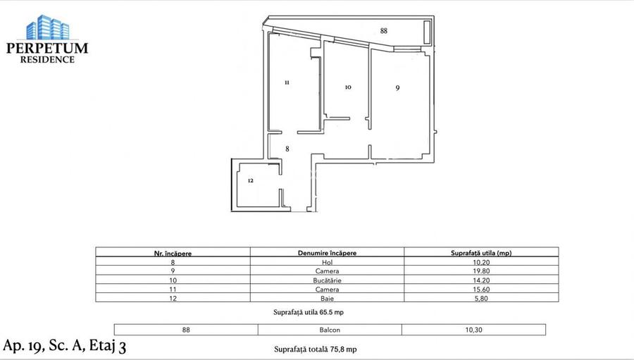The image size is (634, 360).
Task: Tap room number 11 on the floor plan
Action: pos(287,82)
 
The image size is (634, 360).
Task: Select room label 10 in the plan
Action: pos(348,87)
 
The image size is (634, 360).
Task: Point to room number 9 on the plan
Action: pos(397,88)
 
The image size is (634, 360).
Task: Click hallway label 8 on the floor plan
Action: pos(287,149)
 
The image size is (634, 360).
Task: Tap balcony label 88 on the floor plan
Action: pos(383,31)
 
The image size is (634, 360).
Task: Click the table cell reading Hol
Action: pos(326,261)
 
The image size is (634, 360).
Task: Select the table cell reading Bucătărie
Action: pos(326,280)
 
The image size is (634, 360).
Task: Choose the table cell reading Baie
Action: pos(326,298)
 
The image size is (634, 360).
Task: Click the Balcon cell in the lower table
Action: pos(330,329)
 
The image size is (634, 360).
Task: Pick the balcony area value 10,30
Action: pos(473,329)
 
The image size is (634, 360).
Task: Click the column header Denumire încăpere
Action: pos(326,252)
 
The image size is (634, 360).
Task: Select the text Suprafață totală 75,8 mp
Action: pos(315,349)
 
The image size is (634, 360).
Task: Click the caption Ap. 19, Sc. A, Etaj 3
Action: pos(65,345)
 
